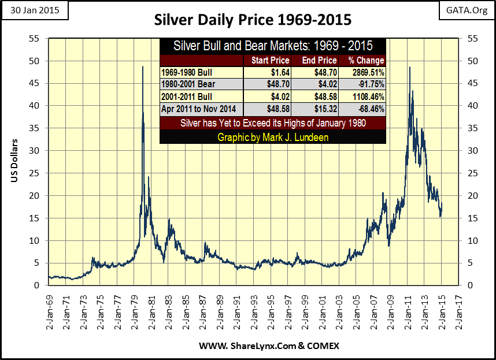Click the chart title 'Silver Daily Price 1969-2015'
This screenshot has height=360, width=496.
pyautogui.click(x=253, y=19)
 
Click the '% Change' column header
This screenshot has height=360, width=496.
pyautogui.click(x=366, y=60)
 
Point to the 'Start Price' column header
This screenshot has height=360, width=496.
pyautogui.click(x=268, y=60)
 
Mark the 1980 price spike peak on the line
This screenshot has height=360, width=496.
pyautogui.click(x=143, y=67)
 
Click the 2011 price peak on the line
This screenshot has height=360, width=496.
pyautogui.click(x=410, y=68)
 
